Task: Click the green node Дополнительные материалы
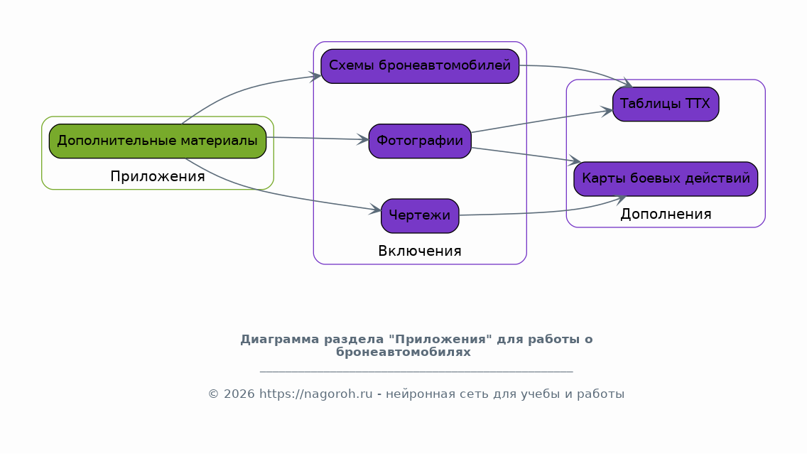click(x=158, y=141)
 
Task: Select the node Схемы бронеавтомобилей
click(x=420, y=66)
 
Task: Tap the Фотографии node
click(x=420, y=141)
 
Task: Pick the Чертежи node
click(x=420, y=216)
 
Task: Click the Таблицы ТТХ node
click(x=666, y=104)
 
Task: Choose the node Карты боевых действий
click(x=666, y=179)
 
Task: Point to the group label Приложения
click(x=158, y=176)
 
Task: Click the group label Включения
click(x=420, y=252)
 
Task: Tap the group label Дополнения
click(x=666, y=214)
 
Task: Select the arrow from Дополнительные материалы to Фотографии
click(x=318, y=139)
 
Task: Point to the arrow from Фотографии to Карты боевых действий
click(x=526, y=155)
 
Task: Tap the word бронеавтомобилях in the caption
click(x=403, y=352)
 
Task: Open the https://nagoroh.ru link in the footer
click(x=315, y=394)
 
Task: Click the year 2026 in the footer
click(x=239, y=394)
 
